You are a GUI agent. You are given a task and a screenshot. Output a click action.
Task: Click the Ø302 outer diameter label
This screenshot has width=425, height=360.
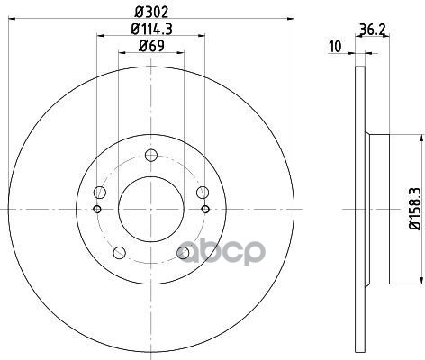point(151,13)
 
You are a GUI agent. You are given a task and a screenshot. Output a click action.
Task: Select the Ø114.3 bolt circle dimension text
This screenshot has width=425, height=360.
point(151,30)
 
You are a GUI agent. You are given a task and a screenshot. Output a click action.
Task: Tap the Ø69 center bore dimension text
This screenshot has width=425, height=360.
point(151,46)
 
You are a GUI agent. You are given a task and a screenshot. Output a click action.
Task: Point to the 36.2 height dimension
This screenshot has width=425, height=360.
point(373,30)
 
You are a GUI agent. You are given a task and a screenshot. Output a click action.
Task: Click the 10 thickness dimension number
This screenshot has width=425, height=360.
point(335,47)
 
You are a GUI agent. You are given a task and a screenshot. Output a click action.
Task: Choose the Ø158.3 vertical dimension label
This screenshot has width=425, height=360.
point(415,210)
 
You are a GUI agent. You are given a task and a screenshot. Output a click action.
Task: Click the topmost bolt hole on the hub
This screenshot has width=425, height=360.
point(151,155)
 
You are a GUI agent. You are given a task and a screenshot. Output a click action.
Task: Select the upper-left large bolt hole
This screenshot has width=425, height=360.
point(100,193)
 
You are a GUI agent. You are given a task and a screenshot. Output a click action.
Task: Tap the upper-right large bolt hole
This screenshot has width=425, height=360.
point(203,193)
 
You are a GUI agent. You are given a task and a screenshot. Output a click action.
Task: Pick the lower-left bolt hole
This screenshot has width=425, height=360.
point(119,253)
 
